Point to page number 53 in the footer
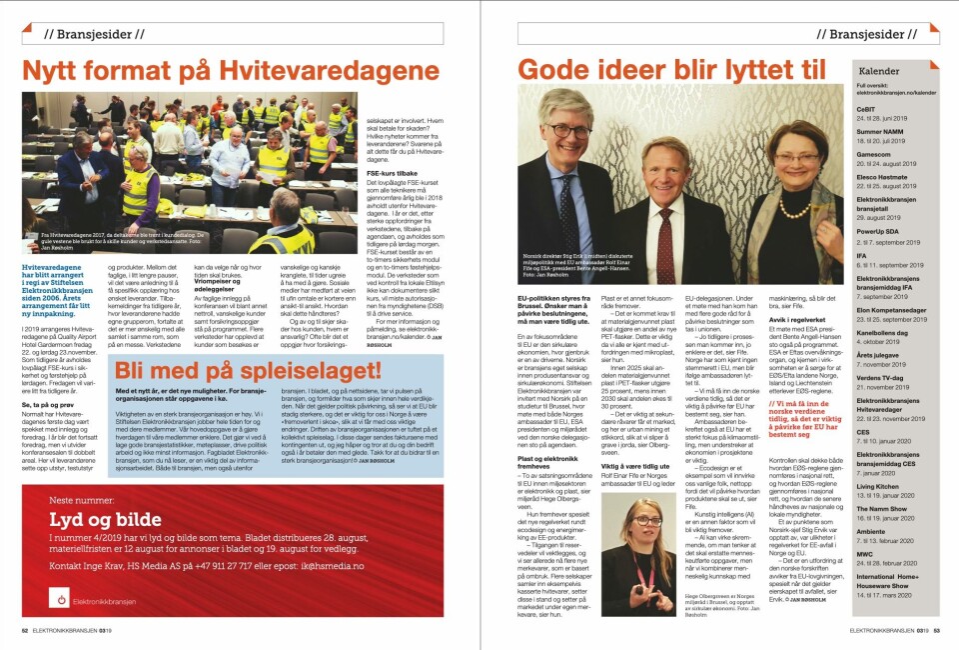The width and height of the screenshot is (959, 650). coord(937,630)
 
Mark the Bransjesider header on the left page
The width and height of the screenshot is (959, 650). coord(92,34)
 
